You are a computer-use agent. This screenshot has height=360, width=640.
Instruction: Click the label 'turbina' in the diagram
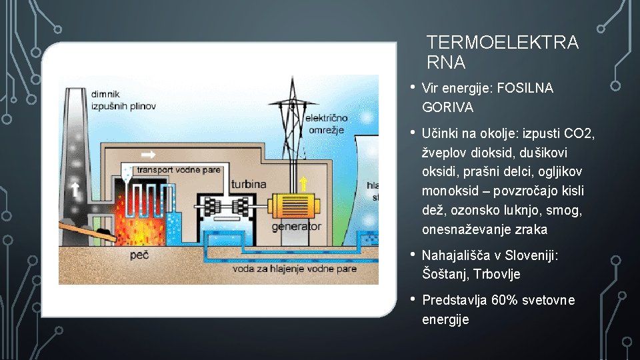[249, 184]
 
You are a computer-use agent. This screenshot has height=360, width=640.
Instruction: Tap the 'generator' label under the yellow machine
[297, 227]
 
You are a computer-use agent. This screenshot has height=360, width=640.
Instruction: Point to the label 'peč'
[139, 255]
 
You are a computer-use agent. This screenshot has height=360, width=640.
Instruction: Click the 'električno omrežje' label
[325, 124]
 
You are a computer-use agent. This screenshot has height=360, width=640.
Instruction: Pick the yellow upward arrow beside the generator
[303, 183]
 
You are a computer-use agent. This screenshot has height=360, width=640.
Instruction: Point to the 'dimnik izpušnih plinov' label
[115, 100]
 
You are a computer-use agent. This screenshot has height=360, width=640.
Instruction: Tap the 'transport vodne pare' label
[178, 170]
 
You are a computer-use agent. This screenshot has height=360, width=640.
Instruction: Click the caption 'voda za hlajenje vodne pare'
[295, 269]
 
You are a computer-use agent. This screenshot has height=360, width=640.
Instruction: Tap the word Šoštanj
[446, 274]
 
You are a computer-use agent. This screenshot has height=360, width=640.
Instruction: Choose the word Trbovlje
[497, 274]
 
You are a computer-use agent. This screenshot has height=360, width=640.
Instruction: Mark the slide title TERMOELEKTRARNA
[503, 53]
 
